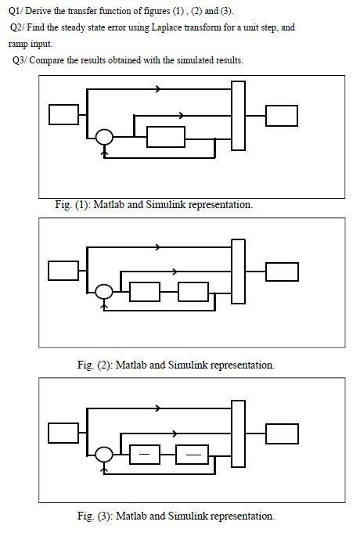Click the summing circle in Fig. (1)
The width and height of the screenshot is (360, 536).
click(104, 138)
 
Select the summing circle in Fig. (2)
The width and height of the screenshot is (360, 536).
click(104, 292)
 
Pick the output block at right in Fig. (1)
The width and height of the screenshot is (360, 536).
click(281, 115)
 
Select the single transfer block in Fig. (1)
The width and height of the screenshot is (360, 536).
click(166, 137)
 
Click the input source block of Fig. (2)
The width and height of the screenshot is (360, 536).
click(63, 270)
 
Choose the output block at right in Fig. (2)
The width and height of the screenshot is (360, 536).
click(282, 271)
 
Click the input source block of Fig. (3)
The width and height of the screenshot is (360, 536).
click(63, 433)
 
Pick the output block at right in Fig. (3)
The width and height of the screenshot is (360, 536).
click(282, 433)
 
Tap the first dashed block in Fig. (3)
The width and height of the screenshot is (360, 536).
click(145, 454)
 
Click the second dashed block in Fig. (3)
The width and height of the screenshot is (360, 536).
click(193, 454)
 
